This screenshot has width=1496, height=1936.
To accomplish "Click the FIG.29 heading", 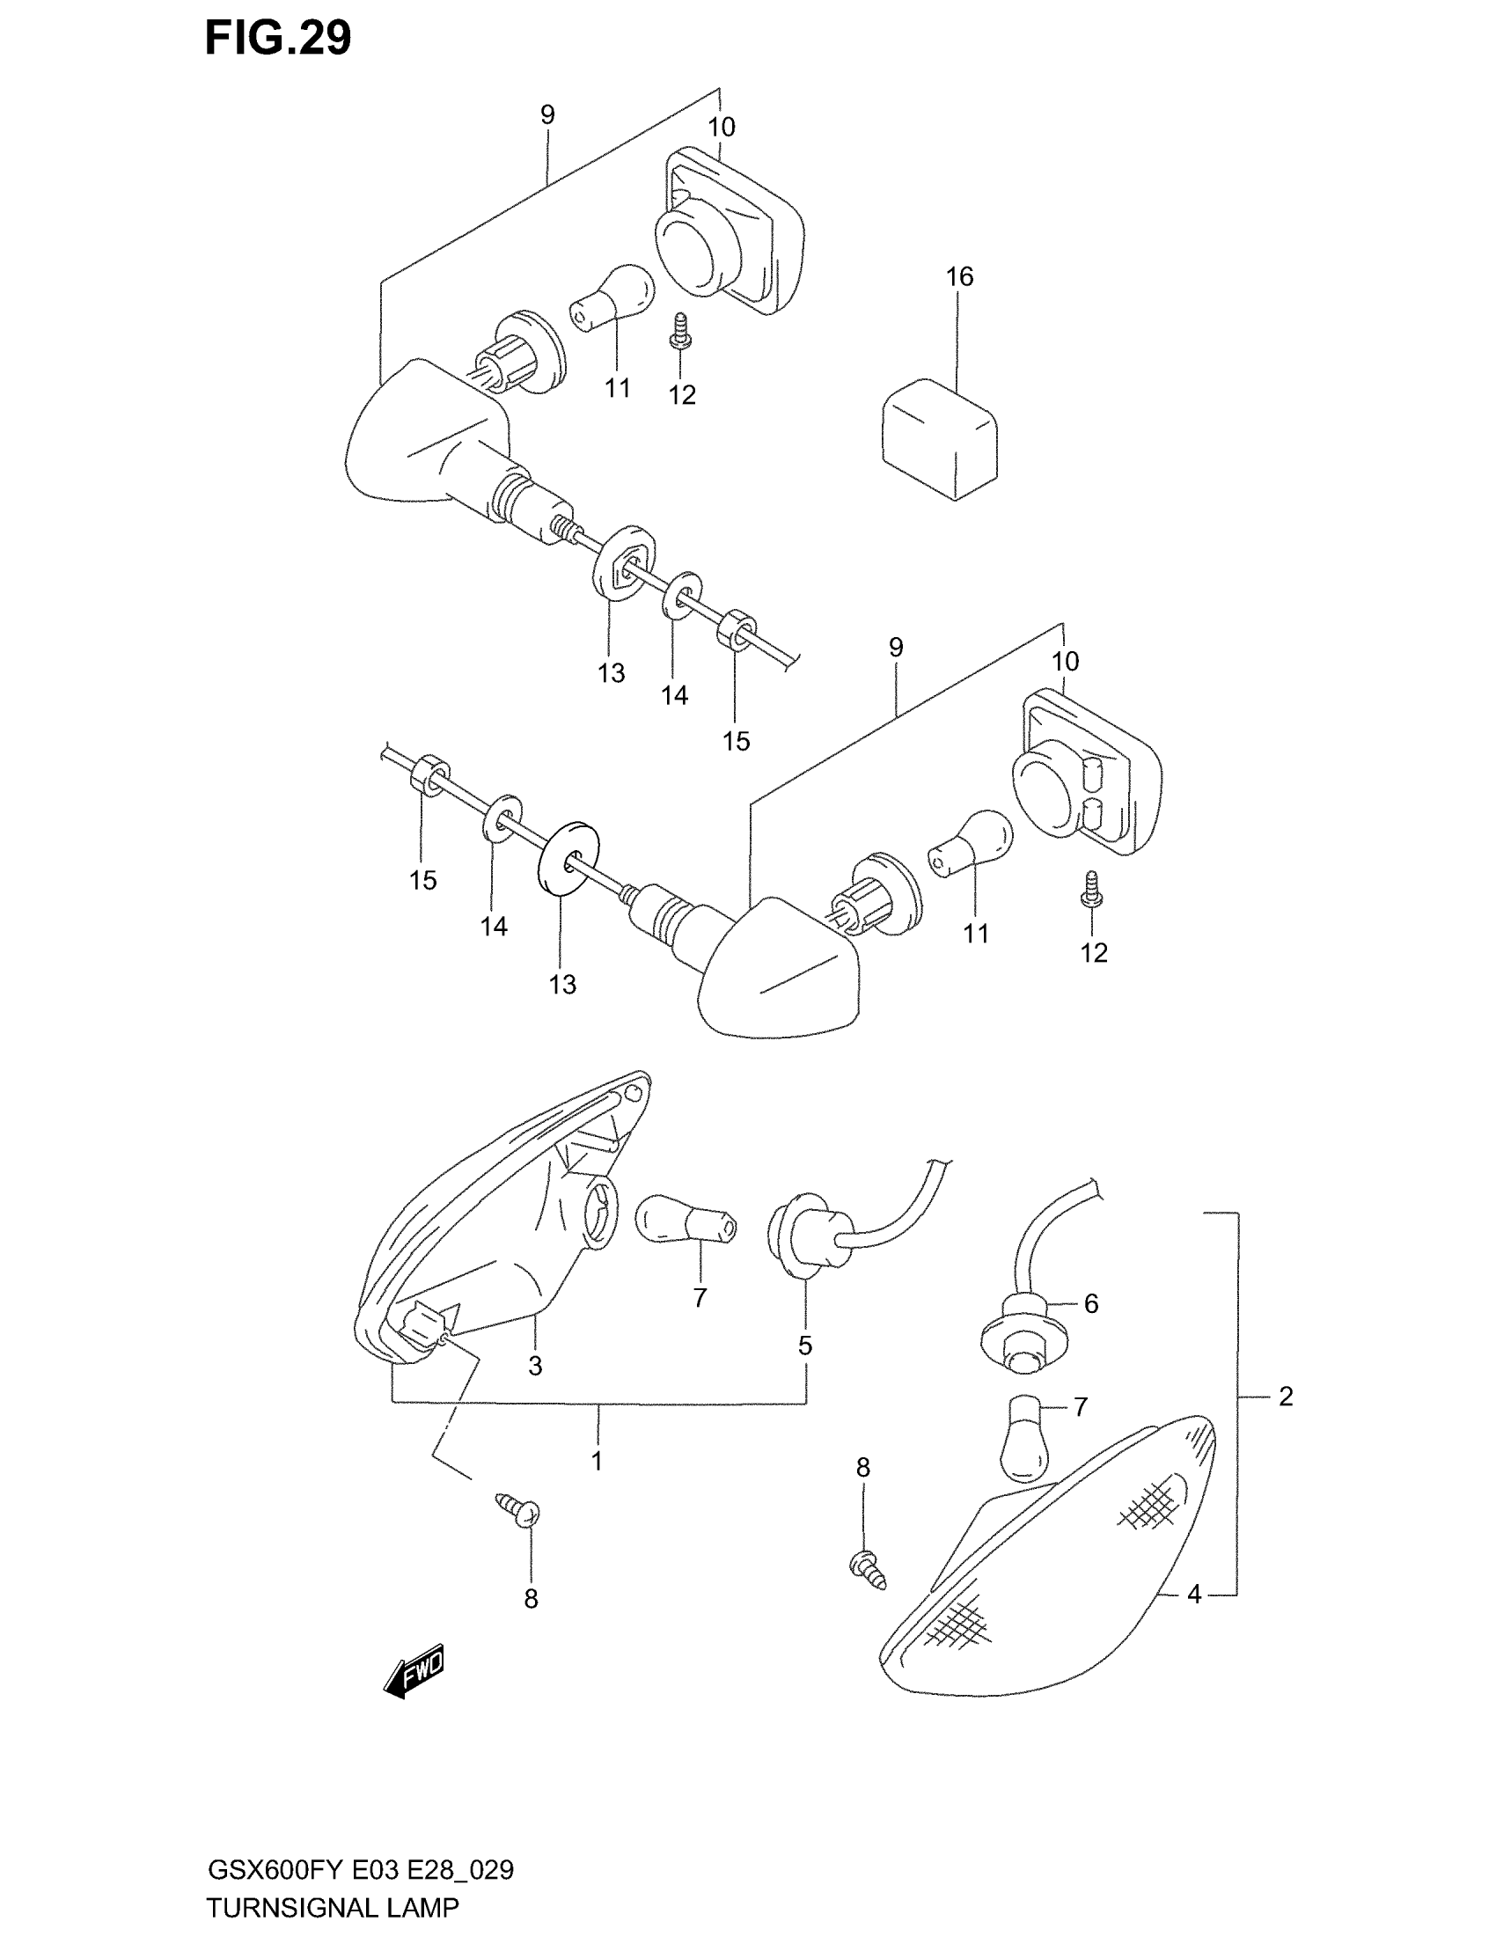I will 277,39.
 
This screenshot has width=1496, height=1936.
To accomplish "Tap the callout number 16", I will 959,276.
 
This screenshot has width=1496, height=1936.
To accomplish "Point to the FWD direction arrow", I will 413,1675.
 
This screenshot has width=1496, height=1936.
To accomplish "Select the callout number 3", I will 535,1366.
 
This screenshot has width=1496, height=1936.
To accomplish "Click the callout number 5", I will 804,1346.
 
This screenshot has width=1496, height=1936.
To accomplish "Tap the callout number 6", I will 1091,1303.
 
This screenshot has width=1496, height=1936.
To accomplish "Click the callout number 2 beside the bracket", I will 1286,1397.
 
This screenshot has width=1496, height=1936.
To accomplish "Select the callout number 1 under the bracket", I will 598,1461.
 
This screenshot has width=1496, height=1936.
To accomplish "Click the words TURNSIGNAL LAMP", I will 333,1907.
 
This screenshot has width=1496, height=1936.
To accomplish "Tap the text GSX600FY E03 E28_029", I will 360,1870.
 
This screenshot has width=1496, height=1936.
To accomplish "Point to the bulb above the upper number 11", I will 611,297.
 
